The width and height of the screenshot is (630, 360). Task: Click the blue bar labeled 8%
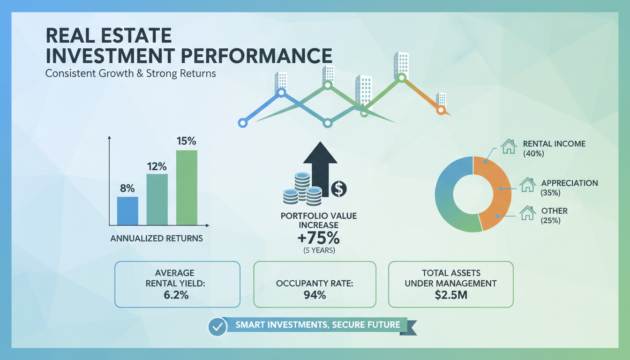tap(127, 211)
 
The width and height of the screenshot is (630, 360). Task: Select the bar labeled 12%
tap(157, 199)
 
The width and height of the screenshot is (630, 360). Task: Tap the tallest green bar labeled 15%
tap(187, 187)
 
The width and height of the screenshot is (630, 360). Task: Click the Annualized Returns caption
tap(157, 238)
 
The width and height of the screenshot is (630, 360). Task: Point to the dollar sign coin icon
tap(338, 189)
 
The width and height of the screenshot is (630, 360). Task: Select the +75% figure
tap(319, 237)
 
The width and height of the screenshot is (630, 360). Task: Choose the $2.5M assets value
tap(451, 295)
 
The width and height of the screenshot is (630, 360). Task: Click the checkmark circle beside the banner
tap(217, 327)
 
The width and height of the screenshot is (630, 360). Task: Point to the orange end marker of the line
tap(440, 110)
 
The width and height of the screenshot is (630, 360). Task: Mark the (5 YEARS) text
tap(319, 250)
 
